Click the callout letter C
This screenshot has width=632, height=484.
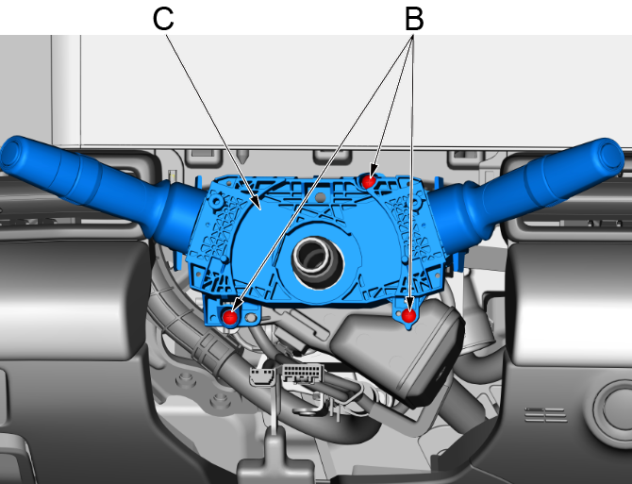point(163,18)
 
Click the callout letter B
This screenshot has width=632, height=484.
point(413,18)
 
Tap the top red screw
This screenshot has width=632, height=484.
point(371,179)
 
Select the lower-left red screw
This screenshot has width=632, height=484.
point(230,317)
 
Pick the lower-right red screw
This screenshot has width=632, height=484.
point(408,315)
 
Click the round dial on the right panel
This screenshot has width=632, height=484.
point(610,409)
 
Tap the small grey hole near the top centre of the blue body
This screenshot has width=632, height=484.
point(322,197)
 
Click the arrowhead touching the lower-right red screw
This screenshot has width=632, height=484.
point(411,307)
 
